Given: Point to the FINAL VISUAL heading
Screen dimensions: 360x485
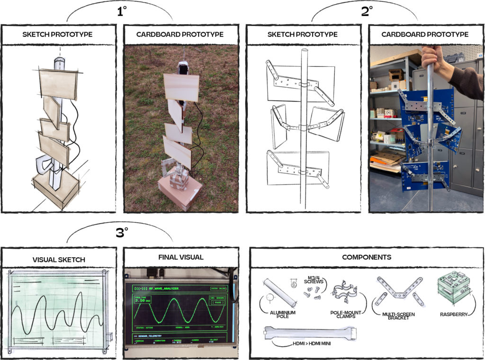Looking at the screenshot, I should [x=180, y=257].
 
